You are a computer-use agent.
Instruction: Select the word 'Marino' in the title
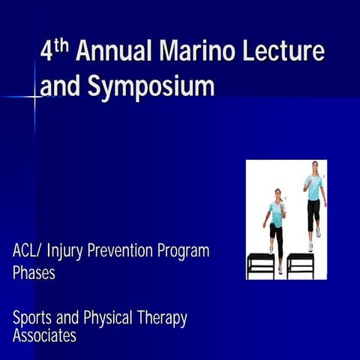193,52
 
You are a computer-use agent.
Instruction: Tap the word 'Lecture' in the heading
285,52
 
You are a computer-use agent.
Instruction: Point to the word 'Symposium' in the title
150,88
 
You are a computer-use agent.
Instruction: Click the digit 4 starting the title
46,54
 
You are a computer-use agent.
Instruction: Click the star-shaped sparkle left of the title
34,97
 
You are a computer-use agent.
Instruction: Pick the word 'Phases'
34,273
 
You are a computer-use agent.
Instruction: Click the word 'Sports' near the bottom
33,318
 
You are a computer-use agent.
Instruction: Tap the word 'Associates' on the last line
44,336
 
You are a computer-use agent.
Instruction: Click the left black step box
260,263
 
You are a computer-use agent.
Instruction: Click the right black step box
300,263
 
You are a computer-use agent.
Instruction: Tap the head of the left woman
278,193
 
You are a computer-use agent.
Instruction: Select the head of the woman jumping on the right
315,166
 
